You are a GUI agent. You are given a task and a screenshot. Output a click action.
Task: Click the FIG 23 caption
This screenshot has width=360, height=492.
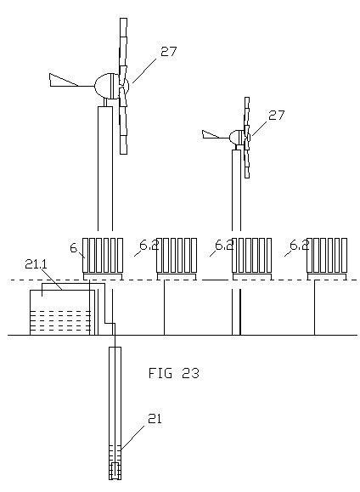[x=174, y=373]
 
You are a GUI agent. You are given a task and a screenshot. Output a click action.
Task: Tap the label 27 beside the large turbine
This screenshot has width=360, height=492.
[x=169, y=52]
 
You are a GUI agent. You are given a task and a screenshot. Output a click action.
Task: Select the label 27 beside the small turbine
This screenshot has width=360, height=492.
[x=276, y=116]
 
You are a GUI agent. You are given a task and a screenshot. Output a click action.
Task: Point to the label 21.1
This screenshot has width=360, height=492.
[x=36, y=264]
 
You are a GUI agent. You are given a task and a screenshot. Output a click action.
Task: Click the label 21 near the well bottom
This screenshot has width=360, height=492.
[x=155, y=419]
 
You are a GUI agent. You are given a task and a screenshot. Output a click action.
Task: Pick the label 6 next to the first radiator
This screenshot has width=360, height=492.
[x=73, y=248]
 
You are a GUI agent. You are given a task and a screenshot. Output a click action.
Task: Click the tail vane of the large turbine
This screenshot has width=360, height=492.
[x=64, y=80]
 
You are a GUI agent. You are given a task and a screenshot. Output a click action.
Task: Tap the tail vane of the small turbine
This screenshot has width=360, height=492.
[x=211, y=134]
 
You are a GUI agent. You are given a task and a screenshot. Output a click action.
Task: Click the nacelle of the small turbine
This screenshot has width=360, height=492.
[x=235, y=137]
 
